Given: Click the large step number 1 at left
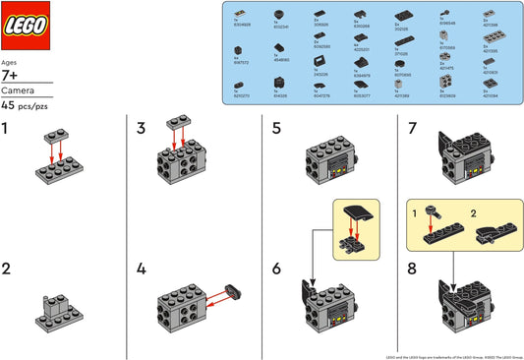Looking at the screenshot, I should pos(7,129).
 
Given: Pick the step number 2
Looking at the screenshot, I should pos(8,268).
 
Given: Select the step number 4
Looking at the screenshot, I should pos(142,268).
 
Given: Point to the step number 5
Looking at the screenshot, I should pos(276,129).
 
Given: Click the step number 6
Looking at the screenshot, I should pos(276,268).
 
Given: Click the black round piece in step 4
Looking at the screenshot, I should pos(232,289).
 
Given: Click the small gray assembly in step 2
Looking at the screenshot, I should pos(60,311).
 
